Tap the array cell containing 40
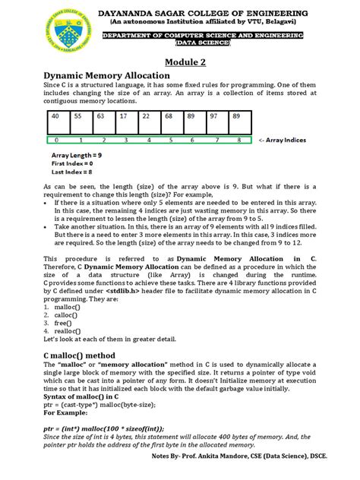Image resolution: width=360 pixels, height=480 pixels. point(55,116)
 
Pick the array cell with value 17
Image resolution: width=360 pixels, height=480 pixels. point(123,116)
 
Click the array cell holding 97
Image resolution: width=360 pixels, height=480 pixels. point(214,116)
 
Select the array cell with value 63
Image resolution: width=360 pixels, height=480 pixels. point(100,116)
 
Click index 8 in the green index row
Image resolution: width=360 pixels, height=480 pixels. point(238,141)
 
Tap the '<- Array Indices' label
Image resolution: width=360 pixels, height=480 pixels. point(285,141)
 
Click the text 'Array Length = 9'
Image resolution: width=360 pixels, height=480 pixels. point(68,155)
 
